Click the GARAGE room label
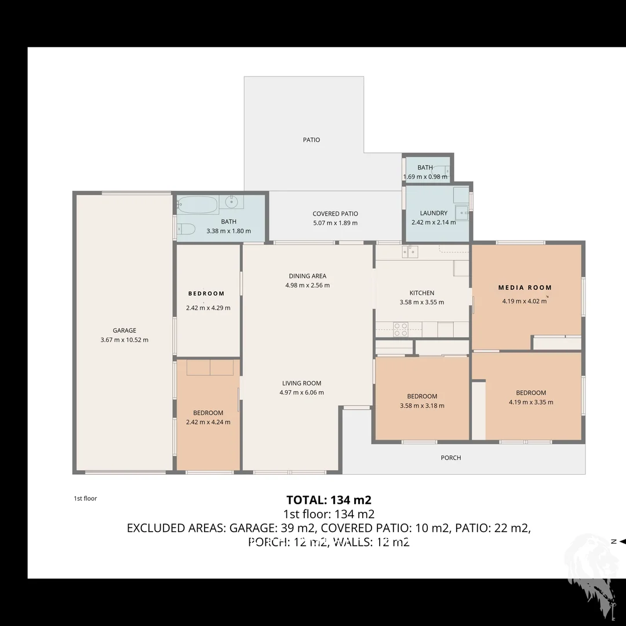124,330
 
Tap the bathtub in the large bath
198,204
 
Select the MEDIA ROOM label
525,287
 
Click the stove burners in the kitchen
401,329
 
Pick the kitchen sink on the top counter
410,251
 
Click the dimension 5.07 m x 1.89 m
335,223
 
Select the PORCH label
451,458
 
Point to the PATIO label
311,140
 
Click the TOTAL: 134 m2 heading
329,500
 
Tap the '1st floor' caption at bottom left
85,498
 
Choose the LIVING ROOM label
301,383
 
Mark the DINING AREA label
307,276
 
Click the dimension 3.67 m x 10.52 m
124,340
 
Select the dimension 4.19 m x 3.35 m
531,402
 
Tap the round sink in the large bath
231,202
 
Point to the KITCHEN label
421,293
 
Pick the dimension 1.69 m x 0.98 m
425,177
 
